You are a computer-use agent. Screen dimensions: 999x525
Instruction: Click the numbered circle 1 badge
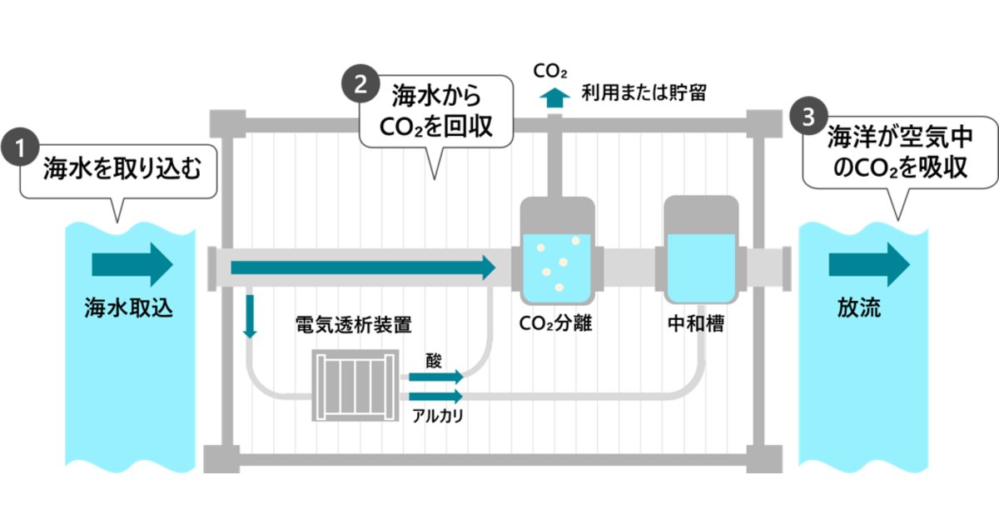(20, 147)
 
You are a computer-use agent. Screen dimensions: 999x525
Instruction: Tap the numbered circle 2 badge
(360, 84)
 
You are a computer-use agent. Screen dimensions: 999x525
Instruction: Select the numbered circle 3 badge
(808, 117)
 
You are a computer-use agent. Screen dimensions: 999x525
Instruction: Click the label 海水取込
(128, 307)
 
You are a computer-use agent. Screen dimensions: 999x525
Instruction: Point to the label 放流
(859, 307)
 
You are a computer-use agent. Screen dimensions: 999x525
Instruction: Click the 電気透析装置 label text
(353, 324)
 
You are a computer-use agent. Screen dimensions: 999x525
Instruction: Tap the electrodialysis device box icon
(355, 385)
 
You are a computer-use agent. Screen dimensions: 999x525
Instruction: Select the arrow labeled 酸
(436, 377)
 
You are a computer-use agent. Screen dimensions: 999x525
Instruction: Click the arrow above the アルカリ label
(436, 396)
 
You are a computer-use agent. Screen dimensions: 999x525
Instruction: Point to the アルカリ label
(438, 416)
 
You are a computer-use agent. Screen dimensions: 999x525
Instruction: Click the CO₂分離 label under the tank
(555, 323)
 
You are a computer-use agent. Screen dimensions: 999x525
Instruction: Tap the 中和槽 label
(696, 323)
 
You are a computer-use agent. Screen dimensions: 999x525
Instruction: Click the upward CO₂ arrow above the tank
(554, 97)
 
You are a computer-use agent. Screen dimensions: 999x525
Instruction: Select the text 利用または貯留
(644, 93)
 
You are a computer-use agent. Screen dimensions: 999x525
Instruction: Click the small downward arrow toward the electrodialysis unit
(250, 317)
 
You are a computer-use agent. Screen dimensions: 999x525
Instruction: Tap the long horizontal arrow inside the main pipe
(363, 267)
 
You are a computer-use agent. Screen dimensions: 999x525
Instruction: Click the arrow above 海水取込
(132, 265)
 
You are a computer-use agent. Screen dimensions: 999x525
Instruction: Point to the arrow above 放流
(869, 265)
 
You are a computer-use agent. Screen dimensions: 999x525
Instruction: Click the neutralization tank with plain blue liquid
(701, 250)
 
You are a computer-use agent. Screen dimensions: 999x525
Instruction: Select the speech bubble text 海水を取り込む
(122, 168)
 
